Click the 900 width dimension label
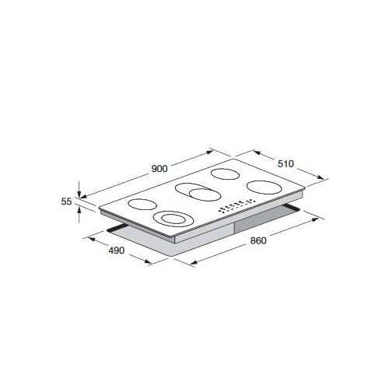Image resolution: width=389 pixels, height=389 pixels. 159,169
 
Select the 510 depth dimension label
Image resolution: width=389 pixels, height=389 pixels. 286,163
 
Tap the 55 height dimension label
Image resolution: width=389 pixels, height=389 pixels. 66,202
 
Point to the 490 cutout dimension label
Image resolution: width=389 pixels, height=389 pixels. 117,251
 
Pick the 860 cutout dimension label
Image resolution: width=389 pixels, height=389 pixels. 258,240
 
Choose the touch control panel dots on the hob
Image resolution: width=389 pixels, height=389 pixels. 237,206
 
